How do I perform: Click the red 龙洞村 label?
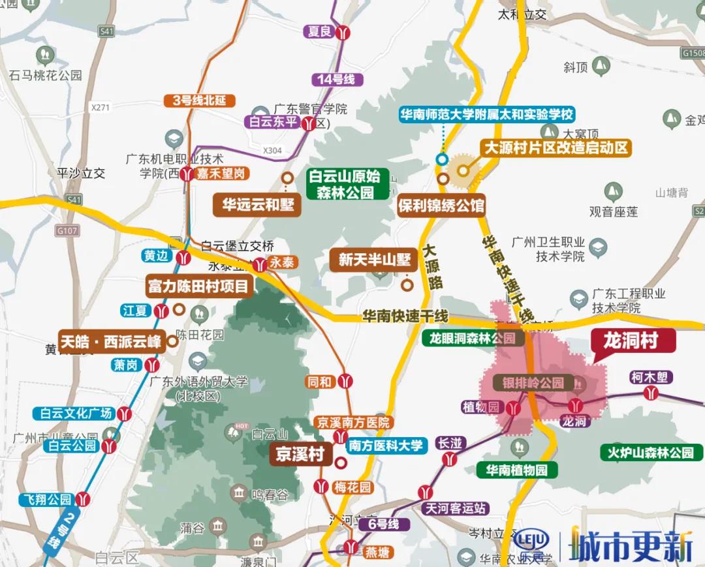629,341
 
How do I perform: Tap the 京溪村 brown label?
298,455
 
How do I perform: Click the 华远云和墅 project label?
257,205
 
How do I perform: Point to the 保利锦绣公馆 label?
441,206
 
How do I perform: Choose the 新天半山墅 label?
374,260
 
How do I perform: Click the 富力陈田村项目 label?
198,286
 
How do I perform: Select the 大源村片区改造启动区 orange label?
555,147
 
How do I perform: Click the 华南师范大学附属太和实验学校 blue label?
487,115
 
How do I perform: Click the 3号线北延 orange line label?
198,100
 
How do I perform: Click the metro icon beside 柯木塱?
650,393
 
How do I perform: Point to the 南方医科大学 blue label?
385,446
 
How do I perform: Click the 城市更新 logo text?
631,544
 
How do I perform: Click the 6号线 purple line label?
383,524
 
